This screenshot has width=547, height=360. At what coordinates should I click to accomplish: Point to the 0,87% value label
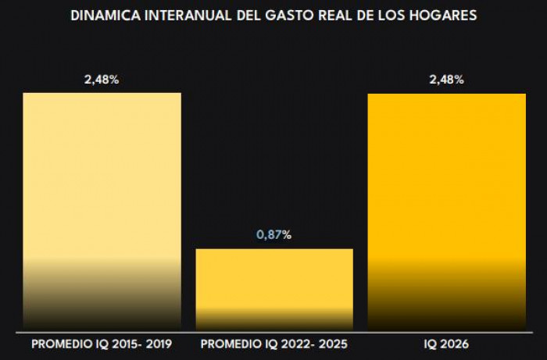[x=273, y=234]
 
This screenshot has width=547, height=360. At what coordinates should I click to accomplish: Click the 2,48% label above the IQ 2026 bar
[x=446, y=79]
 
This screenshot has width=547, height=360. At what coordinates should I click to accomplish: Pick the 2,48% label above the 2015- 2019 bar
[x=102, y=79]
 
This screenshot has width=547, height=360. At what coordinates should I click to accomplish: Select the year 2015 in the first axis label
[x=121, y=344]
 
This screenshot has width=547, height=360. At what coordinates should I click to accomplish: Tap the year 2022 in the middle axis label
[x=293, y=344]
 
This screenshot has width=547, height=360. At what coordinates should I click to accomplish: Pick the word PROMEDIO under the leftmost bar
[x=59, y=344]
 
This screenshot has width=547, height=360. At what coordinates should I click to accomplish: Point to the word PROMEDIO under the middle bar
[x=231, y=344]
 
